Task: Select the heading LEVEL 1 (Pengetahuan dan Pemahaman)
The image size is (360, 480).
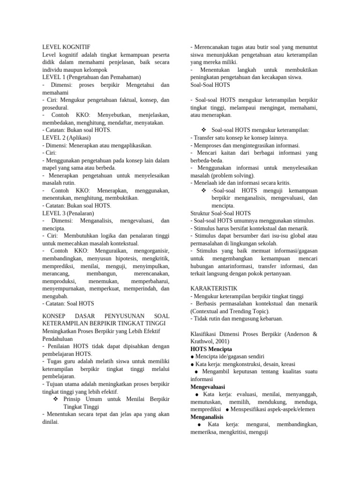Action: [91, 77]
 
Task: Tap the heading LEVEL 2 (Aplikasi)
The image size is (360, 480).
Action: [66, 138]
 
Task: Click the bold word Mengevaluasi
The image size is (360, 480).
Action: [208, 387]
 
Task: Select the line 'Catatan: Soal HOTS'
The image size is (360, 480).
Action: [68, 304]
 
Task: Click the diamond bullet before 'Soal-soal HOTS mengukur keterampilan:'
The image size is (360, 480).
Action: [203, 130]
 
